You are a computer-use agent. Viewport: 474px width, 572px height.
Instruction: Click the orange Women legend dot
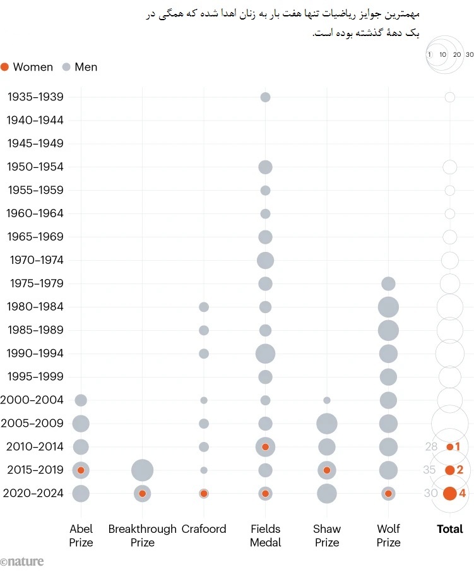coord(5,67)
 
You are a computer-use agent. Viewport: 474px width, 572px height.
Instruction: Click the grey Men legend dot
coord(67,67)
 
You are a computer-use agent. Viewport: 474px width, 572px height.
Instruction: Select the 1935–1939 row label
coord(35,97)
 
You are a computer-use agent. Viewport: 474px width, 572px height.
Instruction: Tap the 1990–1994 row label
coord(35,354)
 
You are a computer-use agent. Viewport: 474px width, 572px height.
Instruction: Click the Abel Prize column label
coord(81,535)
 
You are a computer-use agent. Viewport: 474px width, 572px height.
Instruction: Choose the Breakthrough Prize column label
coord(143,535)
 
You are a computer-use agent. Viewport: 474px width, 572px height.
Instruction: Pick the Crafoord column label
coord(203,529)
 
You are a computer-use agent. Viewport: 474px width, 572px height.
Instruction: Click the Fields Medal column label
coord(265,535)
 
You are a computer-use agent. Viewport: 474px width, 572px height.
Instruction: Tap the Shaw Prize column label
coord(326,535)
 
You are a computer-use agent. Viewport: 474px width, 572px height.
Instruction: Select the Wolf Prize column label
coord(388,535)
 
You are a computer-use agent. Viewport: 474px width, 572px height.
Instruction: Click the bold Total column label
coord(449,529)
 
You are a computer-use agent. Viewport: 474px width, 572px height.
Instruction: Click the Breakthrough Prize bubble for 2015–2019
coord(143,470)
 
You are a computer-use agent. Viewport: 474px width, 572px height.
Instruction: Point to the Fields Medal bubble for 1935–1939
coord(265,97)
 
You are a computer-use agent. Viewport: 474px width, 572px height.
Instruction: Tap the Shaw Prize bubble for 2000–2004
coord(327,400)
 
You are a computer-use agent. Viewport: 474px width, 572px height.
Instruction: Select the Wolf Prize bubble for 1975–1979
coord(388,283)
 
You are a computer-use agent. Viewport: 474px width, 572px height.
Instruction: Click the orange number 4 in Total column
coord(463,493)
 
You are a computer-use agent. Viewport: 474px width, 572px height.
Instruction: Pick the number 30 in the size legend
coord(469,55)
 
